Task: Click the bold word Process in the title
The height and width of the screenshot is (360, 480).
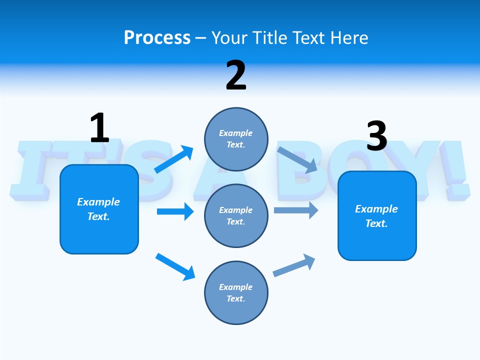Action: coord(157,37)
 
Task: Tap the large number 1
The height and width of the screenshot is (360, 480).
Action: coord(99,128)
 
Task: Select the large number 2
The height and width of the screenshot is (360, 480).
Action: coord(236,75)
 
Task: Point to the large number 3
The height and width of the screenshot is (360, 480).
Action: coord(377,136)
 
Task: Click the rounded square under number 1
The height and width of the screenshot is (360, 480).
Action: coord(99,209)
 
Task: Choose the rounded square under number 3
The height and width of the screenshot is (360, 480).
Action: coord(377,216)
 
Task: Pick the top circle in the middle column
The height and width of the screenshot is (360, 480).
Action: coord(236,139)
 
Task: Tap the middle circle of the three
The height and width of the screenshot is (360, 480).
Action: coord(236,216)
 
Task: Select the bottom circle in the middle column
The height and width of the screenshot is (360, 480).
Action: coord(236,292)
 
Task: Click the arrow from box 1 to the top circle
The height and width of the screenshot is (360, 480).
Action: coord(174,159)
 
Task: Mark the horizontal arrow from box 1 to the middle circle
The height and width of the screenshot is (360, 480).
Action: coord(175,211)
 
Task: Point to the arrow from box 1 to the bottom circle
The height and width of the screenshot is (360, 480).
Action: coord(175,266)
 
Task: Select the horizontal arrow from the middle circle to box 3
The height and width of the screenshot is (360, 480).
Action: coord(296,210)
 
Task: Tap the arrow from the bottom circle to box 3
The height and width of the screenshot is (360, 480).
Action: coord(294,265)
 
